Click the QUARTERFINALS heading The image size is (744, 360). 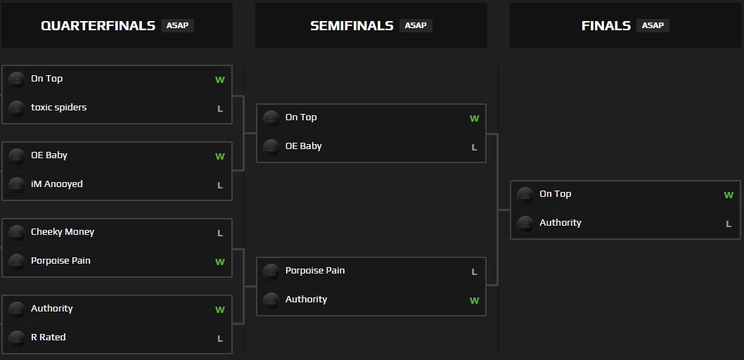(98, 26)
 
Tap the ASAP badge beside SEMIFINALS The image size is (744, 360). (416, 25)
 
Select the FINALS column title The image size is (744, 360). (605, 26)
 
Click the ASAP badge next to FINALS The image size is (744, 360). (653, 25)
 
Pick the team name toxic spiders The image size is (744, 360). (58, 108)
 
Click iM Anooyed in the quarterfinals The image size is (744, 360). (56, 184)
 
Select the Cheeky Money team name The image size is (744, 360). (62, 232)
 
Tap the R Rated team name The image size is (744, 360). (48, 337)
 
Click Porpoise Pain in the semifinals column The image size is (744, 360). (314, 271)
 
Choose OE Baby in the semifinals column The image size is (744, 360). (303, 146)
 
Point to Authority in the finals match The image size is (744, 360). (560, 223)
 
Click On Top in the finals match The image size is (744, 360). (555, 194)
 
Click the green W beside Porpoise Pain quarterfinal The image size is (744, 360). (220, 262)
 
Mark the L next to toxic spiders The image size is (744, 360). (220, 109)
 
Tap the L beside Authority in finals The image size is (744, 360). (729, 224)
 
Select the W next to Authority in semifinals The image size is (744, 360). (474, 301)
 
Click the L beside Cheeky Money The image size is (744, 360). (220, 233)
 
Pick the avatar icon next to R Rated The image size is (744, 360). (17, 338)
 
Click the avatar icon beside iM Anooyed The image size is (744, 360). (17, 185)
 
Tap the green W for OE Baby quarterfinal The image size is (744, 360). (220, 157)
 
